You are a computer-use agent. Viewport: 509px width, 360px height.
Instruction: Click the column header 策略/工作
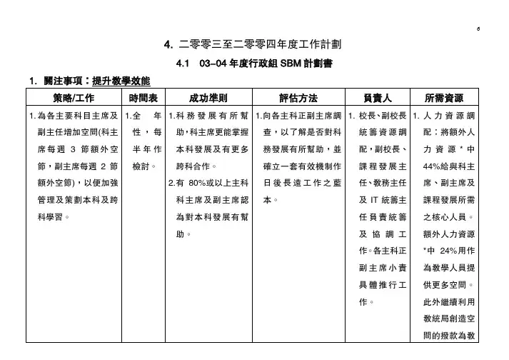tap(74, 98)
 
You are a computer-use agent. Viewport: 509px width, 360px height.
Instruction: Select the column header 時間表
tap(143, 98)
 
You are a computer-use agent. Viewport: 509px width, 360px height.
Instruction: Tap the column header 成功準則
tap(208, 98)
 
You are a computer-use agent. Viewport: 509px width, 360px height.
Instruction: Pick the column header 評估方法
tap(298, 98)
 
